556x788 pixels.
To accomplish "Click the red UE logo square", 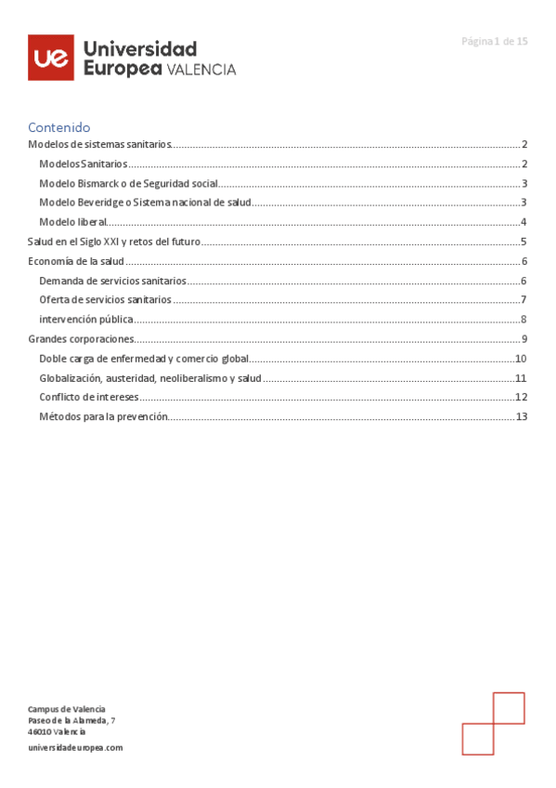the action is click(50, 58).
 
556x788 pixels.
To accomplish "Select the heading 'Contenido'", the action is click(58, 127).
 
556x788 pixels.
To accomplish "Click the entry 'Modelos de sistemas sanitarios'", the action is click(100, 145).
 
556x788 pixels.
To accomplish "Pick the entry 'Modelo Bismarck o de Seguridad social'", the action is click(128, 183).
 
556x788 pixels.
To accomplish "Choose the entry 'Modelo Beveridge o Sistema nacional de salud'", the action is click(145, 203).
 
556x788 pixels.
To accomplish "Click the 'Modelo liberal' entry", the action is click(73, 222).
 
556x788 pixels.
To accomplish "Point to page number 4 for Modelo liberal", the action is click(524, 222).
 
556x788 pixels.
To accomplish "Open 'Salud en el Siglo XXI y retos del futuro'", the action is click(114, 242).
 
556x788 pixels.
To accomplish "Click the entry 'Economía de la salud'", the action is click(76, 261).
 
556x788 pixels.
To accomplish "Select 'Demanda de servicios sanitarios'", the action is click(113, 281).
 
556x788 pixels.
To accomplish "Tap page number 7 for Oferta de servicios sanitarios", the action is click(524, 300).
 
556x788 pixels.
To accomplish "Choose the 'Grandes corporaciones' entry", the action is click(81, 339).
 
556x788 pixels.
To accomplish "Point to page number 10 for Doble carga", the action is click(521, 359).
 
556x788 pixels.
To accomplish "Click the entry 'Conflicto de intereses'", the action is click(89, 398).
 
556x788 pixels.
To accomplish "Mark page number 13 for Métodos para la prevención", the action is click(521, 417).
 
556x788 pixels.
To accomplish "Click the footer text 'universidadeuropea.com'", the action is click(75, 747).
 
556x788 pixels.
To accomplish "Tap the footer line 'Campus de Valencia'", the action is click(66, 709).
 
